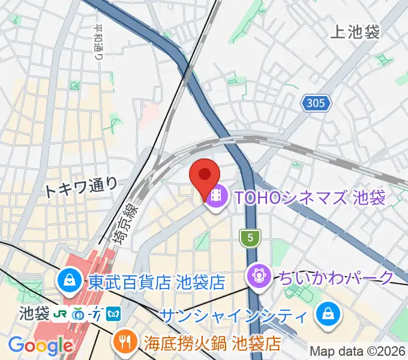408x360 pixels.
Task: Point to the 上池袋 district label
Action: [x=355, y=32]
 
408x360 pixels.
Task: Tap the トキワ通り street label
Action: [x=82, y=188]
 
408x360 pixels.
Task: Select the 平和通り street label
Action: [x=98, y=42]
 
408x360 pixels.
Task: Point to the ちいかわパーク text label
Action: [x=337, y=277]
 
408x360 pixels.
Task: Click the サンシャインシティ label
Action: [x=234, y=314]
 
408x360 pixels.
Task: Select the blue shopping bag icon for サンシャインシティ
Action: [x=328, y=314]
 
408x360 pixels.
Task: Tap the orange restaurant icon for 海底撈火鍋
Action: [x=125, y=343]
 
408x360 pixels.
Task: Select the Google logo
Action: [x=40, y=346]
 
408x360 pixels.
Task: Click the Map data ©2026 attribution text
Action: [x=358, y=351]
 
